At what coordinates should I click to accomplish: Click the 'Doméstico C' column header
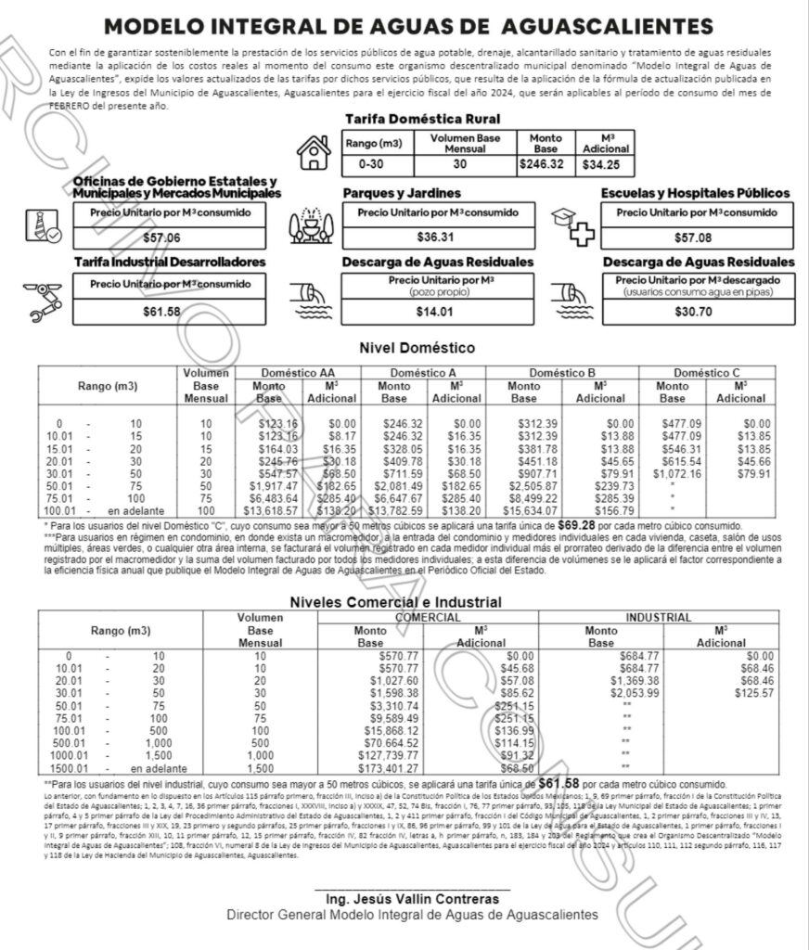tap(705, 372)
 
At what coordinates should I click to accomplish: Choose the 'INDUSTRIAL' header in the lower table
tap(658, 617)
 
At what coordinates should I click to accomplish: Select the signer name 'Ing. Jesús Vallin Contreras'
tap(412, 899)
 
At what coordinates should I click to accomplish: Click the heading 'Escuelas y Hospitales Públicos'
tap(695, 193)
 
